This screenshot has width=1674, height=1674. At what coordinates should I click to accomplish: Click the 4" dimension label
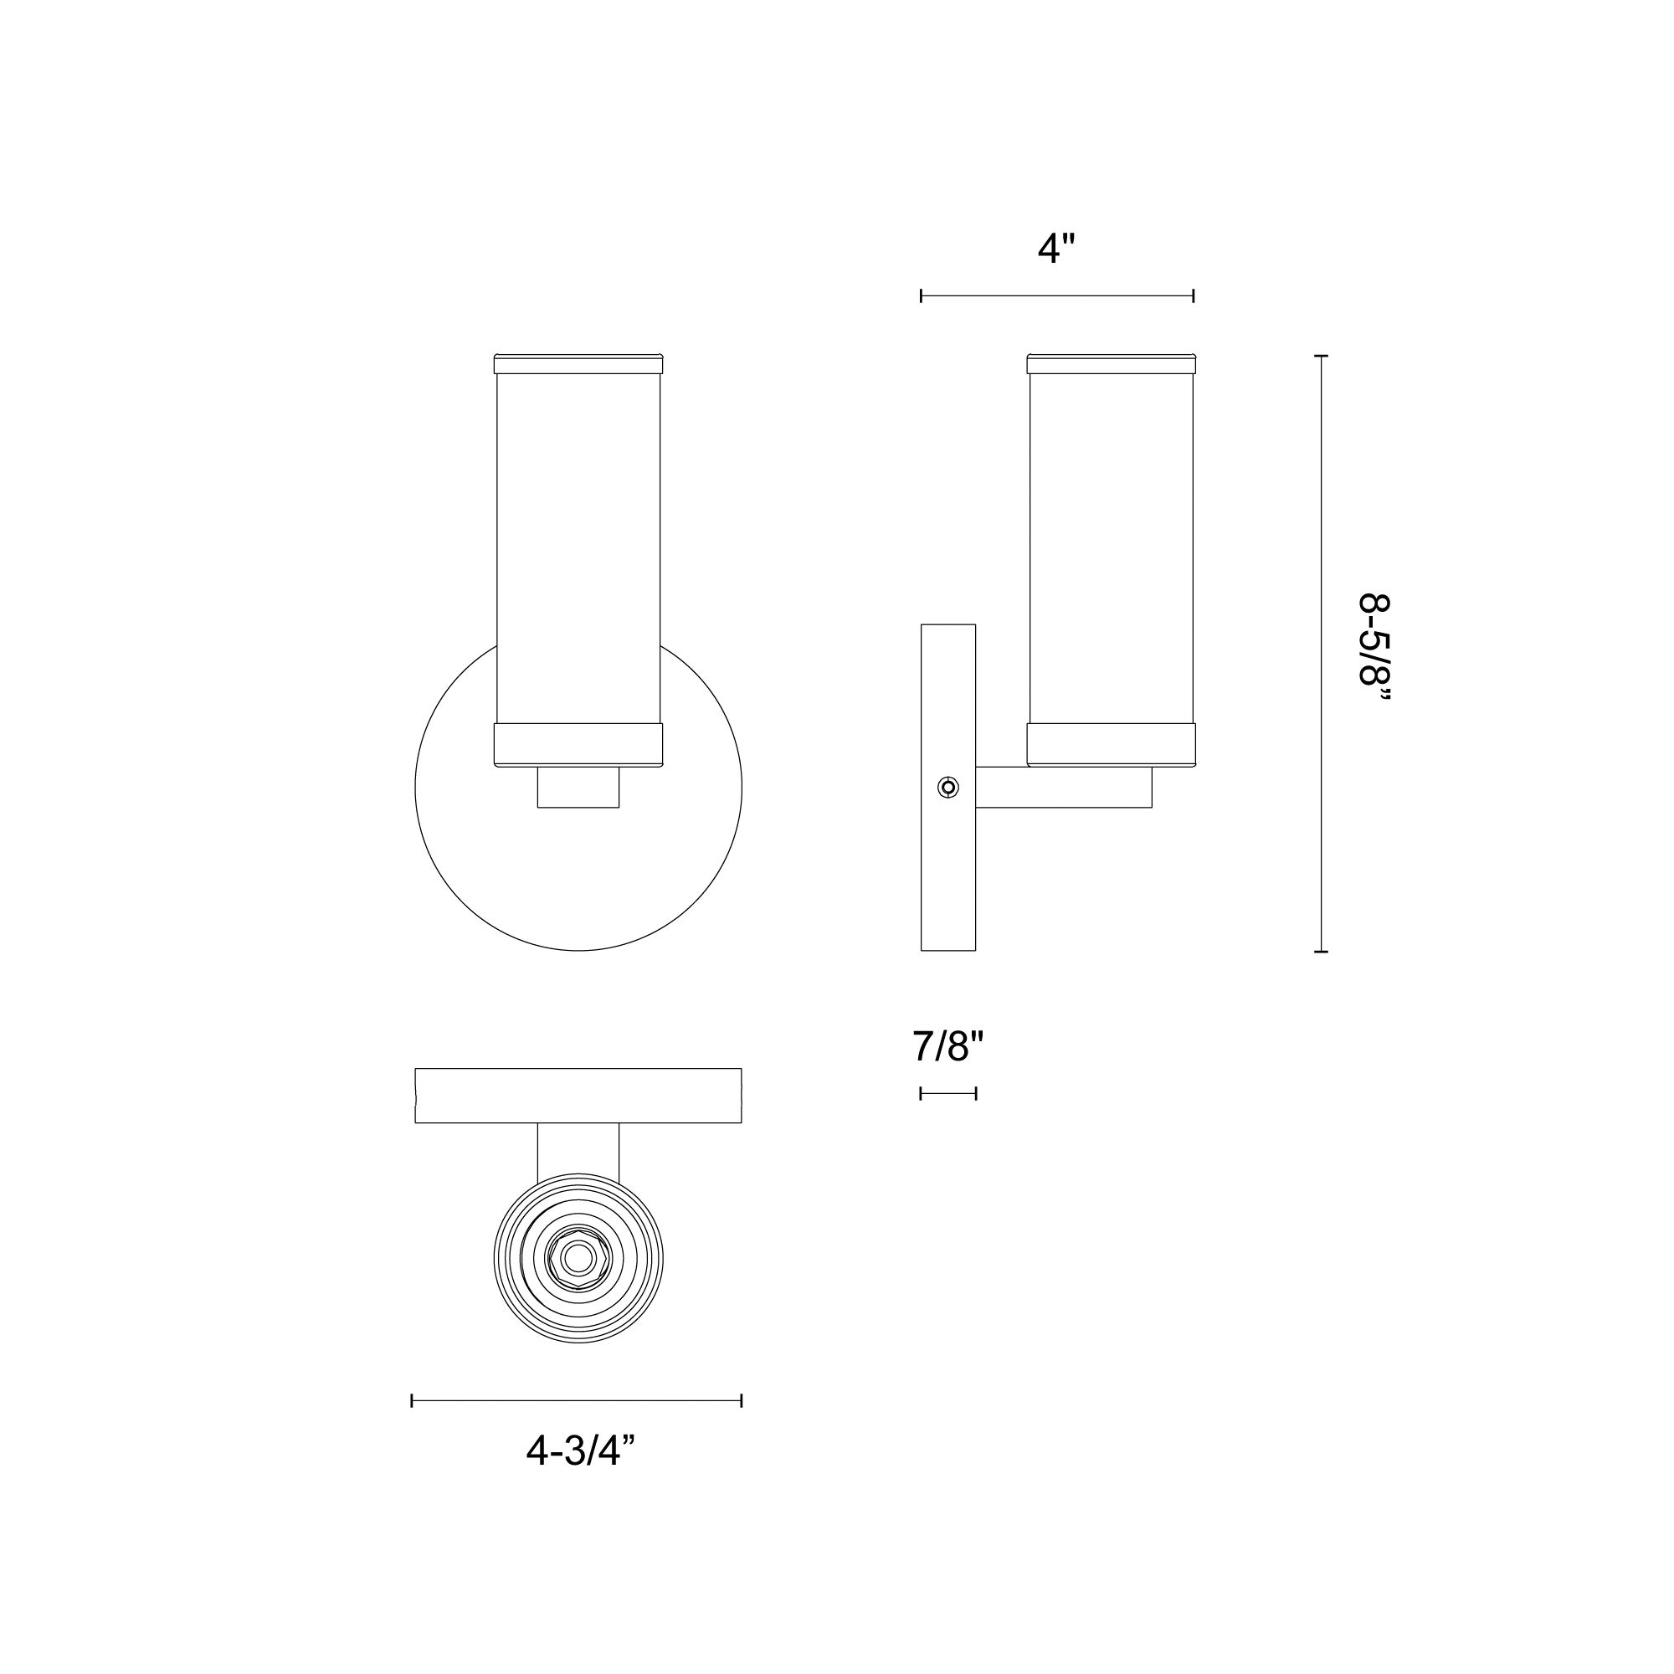tap(1055, 249)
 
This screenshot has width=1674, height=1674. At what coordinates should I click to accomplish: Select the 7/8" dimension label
tap(948, 1047)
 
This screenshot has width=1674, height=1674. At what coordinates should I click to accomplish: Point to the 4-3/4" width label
tap(580, 1451)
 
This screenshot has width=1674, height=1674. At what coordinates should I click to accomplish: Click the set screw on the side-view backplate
tap(949, 788)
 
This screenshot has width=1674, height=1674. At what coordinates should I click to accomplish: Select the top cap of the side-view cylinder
tap(1111, 364)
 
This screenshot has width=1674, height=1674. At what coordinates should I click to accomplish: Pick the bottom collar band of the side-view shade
tap(1111, 744)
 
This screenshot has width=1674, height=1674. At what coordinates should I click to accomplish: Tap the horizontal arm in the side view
tap(1064, 788)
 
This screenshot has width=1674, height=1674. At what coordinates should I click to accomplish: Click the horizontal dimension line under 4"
tap(1057, 296)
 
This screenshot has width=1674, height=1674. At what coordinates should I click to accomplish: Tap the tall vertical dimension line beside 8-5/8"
tap(1321, 655)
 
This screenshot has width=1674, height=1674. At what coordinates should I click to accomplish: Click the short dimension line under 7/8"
tap(948, 1093)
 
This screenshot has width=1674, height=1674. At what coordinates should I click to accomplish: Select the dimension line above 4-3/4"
tap(576, 1400)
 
